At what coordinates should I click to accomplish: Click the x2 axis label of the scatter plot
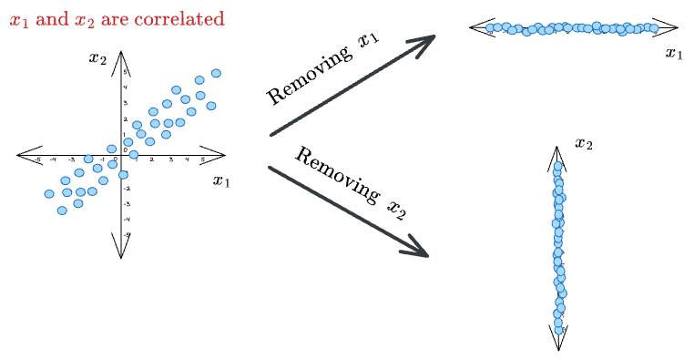97,58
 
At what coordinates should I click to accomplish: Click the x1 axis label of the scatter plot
221,180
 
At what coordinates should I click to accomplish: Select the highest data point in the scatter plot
216,73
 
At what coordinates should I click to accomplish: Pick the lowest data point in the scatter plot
62,211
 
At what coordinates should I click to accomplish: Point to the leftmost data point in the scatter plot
49,193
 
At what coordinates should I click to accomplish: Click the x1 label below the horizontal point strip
674,54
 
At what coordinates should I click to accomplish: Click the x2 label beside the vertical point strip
584,143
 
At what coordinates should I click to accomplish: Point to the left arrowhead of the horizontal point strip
479,27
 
